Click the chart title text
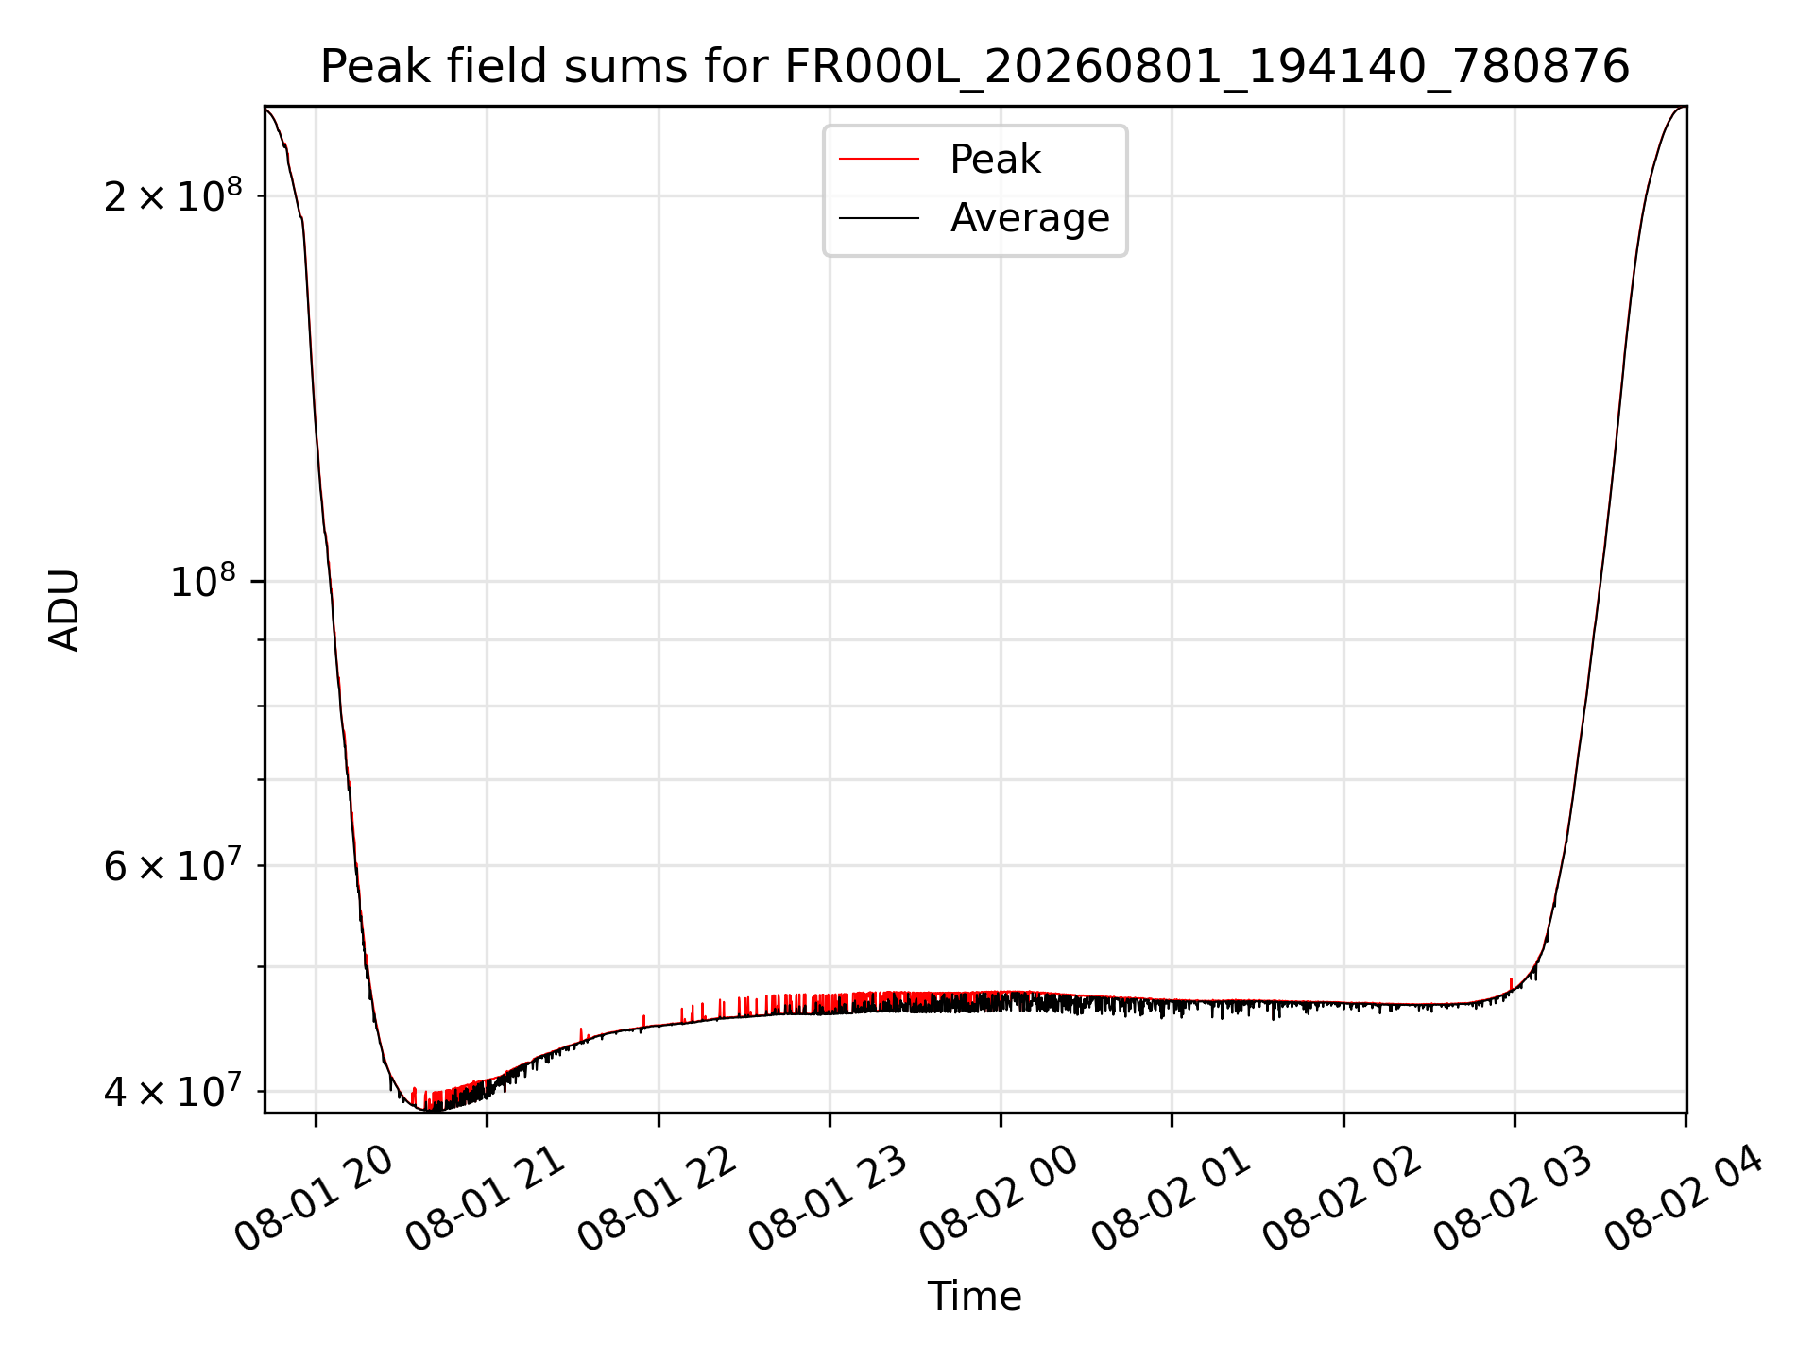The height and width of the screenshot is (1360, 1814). point(975,67)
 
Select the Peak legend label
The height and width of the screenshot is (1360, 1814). point(995,159)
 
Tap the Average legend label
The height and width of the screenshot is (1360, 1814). point(1030,218)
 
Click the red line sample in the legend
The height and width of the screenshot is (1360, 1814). point(879,160)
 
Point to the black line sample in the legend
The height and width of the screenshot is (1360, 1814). point(879,218)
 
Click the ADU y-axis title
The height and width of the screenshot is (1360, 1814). point(64,610)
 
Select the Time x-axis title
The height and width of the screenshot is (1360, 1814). point(974,1297)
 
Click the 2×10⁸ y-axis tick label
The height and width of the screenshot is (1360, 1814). point(173,195)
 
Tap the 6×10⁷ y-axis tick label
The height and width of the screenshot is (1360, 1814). point(173,864)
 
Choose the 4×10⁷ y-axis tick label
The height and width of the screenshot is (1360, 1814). point(173,1091)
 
